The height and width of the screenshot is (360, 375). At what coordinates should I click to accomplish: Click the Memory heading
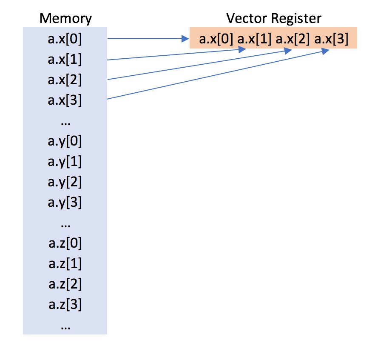pyautogui.click(x=65, y=18)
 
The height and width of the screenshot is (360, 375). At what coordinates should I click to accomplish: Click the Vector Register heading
pyautogui.click(x=273, y=18)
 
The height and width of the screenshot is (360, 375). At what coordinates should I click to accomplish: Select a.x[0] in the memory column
pyautogui.click(x=65, y=39)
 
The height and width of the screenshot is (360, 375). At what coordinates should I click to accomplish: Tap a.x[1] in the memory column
pyautogui.click(x=65, y=60)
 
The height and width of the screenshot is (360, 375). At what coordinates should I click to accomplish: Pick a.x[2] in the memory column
pyautogui.click(x=65, y=80)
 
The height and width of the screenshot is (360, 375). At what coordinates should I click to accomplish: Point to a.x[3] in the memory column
pyautogui.click(x=65, y=100)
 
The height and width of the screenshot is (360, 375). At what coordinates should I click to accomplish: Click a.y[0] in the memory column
pyautogui.click(x=65, y=141)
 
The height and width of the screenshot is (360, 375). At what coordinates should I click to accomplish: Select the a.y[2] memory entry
pyautogui.click(x=65, y=182)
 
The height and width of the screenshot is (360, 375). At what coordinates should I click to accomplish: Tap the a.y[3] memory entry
pyautogui.click(x=65, y=203)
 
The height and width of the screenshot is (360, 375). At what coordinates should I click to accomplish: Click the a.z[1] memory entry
pyautogui.click(x=65, y=264)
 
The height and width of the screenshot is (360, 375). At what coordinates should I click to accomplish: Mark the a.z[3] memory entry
pyautogui.click(x=65, y=305)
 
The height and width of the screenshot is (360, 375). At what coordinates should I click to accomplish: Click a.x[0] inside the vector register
pyautogui.click(x=216, y=39)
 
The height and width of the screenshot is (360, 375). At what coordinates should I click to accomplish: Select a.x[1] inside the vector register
pyautogui.click(x=254, y=39)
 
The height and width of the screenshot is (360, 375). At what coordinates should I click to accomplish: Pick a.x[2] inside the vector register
pyautogui.click(x=293, y=39)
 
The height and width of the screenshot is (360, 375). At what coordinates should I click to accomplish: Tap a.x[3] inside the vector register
pyautogui.click(x=331, y=39)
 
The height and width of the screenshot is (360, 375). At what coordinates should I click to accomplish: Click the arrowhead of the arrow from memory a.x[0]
pyautogui.click(x=185, y=39)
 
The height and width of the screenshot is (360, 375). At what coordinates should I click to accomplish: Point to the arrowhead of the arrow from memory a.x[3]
pyautogui.click(x=325, y=51)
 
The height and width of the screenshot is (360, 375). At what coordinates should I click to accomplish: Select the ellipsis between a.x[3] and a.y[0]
pyautogui.click(x=65, y=122)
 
